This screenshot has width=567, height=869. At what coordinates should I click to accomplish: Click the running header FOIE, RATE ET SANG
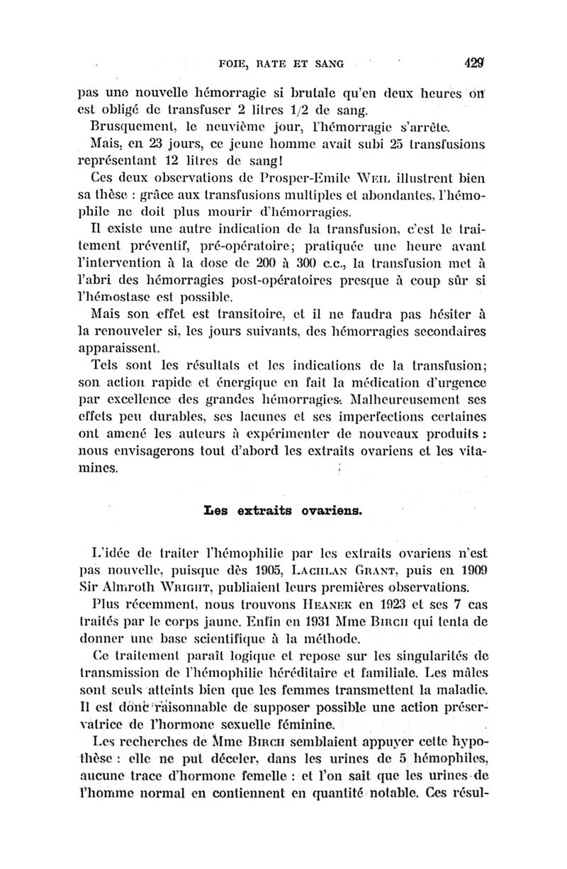[x=282, y=64]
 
